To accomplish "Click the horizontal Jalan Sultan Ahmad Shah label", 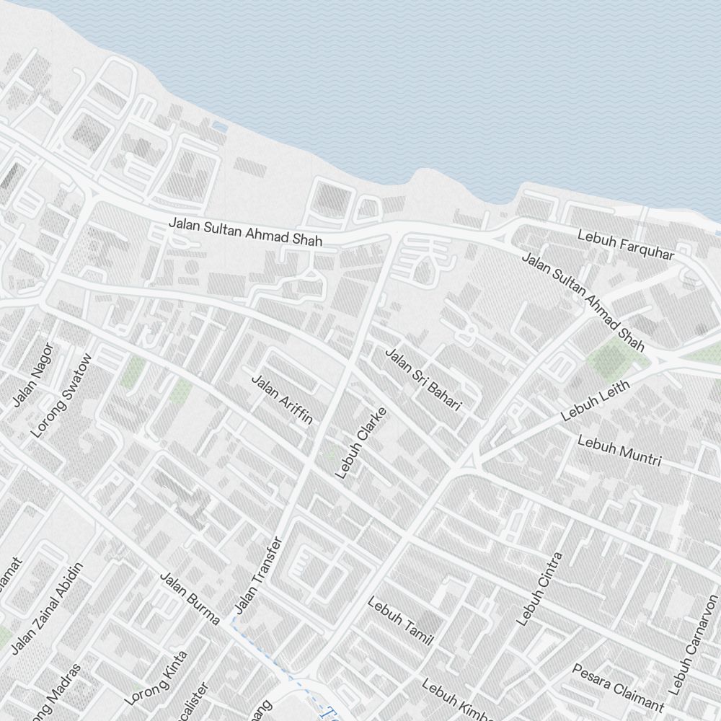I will pos(245,231).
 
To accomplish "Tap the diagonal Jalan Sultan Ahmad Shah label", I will pos(583,301).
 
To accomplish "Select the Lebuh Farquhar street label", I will pos(626,245).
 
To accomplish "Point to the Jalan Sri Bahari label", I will pos(423,380).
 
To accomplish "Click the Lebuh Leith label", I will pos(595,401).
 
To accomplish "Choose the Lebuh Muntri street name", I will pos(619,451).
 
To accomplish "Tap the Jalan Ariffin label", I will pos(282,399).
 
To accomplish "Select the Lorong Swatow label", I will pos(62,396).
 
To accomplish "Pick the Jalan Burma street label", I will pos(189,598).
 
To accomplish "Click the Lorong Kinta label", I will pos(156,678).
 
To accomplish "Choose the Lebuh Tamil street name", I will pos(399,621).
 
